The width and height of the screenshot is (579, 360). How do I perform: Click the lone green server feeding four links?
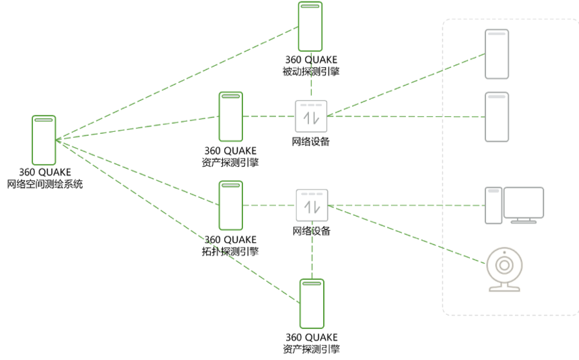[44, 140]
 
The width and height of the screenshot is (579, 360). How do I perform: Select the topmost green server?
[310, 26]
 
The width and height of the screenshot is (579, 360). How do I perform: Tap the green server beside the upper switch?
[230, 116]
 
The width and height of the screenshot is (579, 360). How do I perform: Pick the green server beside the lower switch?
[230, 205]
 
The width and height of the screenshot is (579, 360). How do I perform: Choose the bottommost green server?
[312, 303]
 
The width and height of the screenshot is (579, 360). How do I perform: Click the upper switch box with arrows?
[311, 116]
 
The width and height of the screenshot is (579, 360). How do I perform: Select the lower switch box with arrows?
[312, 205]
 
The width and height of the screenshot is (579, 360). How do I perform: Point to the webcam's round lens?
[504, 265]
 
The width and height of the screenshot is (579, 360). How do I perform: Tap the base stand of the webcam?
[504, 289]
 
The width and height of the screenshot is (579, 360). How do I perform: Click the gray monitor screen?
[524, 202]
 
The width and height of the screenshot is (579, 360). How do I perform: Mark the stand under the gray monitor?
[524, 220]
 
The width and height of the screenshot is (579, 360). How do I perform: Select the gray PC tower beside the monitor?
[493, 205]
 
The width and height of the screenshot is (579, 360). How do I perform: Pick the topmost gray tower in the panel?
[497, 54]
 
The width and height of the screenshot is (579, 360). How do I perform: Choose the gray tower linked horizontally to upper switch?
[497, 117]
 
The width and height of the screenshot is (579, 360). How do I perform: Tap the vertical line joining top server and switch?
[311, 75]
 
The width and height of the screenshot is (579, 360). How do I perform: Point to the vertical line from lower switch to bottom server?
[312, 250]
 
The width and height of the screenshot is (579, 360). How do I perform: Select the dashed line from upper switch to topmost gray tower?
[404, 85]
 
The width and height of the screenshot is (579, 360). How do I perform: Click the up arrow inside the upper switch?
[307, 119]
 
